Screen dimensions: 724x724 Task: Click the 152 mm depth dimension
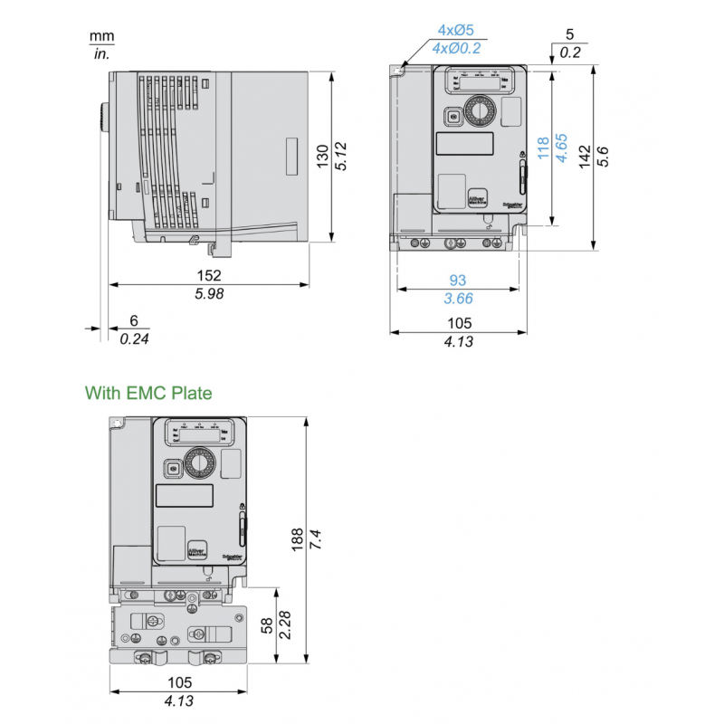pyautogui.click(x=209, y=274)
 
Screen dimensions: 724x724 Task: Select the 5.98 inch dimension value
pyautogui.click(x=209, y=293)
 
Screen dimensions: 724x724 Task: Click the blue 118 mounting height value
pyautogui.click(x=543, y=148)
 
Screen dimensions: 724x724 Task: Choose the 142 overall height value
pyautogui.click(x=584, y=156)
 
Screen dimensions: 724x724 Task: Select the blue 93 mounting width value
pyautogui.click(x=458, y=280)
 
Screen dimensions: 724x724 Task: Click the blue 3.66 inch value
pyautogui.click(x=458, y=298)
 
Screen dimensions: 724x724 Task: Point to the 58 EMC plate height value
pyautogui.click(x=267, y=625)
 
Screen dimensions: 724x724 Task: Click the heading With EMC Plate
pyautogui.click(x=148, y=394)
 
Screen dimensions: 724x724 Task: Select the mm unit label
pyautogui.click(x=100, y=36)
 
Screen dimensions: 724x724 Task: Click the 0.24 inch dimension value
pyautogui.click(x=134, y=338)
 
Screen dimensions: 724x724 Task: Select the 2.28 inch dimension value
pyautogui.click(x=285, y=625)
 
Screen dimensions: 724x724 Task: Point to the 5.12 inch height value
pyautogui.click(x=341, y=156)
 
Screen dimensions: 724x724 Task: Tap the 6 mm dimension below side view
pyautogui.click(x=134, y=320)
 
